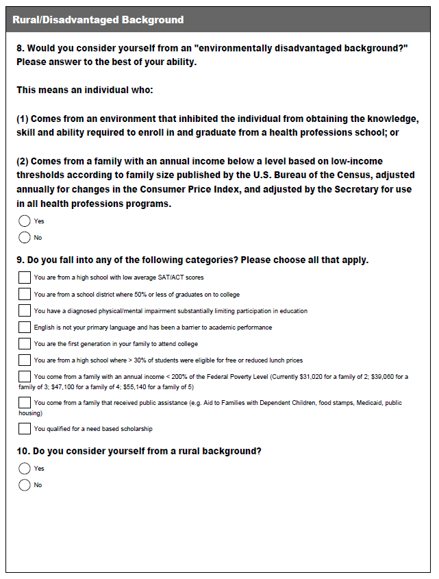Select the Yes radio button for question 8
pos(25,221)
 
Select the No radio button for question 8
pos(25,238)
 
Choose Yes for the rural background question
pos(25,469)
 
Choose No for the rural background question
pos(25,485)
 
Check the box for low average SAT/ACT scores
pos(25,278)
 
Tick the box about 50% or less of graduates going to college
pos(25,294)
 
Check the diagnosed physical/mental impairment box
pos(25,310)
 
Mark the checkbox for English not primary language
pos(25,327)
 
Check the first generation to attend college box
pos(25,343)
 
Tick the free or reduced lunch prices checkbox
pos(25,360)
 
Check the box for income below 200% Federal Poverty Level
pos(25,376)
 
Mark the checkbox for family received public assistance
pos(25,403)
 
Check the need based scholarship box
pos(25,429)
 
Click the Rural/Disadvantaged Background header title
pos(98,20)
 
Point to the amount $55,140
pos(135,386)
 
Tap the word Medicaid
pos(366,403)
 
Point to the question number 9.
pos(20,260)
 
